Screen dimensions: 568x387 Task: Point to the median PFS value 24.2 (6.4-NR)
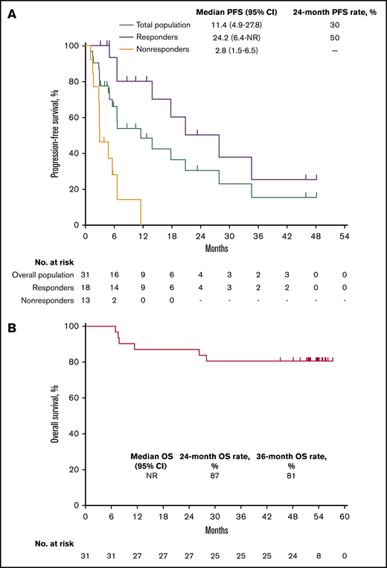pyautogui.click(x=233, y=37)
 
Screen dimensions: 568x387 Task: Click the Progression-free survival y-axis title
pyautogui.click(x=55, y=135)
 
